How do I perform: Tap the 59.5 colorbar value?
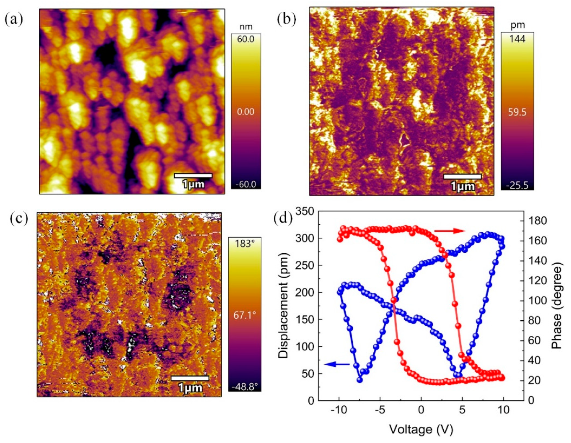point(517,112)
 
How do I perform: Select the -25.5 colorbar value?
point(517,185)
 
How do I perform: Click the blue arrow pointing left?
point(337,364)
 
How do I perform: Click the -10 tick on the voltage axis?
point(339,410)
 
